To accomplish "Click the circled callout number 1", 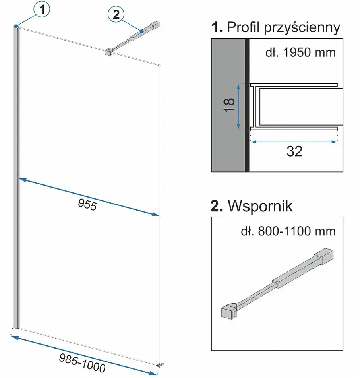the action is [x=42, y=10].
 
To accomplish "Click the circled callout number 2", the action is [x=116, y=14].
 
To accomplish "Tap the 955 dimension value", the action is [x=87, y=205].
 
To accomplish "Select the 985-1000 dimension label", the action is [x=82, y=363].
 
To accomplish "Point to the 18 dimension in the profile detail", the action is [x=229, y=105].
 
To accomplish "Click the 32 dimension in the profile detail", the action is [x=294, y=151].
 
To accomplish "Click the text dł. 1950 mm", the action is [x=300, y=52].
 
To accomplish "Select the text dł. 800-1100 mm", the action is [x=288, y=231].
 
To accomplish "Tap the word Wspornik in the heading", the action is [x=260, y=206].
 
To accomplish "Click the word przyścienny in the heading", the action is [x=302, y=28].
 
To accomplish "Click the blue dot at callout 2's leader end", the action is [x=142, y=31].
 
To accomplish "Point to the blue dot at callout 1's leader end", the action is [x=16, y=26].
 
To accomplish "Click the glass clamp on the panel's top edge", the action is [x=109, y=52].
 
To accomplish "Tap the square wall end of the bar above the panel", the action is [x=155, y=25].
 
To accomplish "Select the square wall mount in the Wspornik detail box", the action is [x=323, y=256].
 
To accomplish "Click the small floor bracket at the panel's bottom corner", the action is [x=160, y=365].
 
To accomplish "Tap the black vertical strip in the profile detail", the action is [x=247, y=105].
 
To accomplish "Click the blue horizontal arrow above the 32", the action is [x=294, y=142].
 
